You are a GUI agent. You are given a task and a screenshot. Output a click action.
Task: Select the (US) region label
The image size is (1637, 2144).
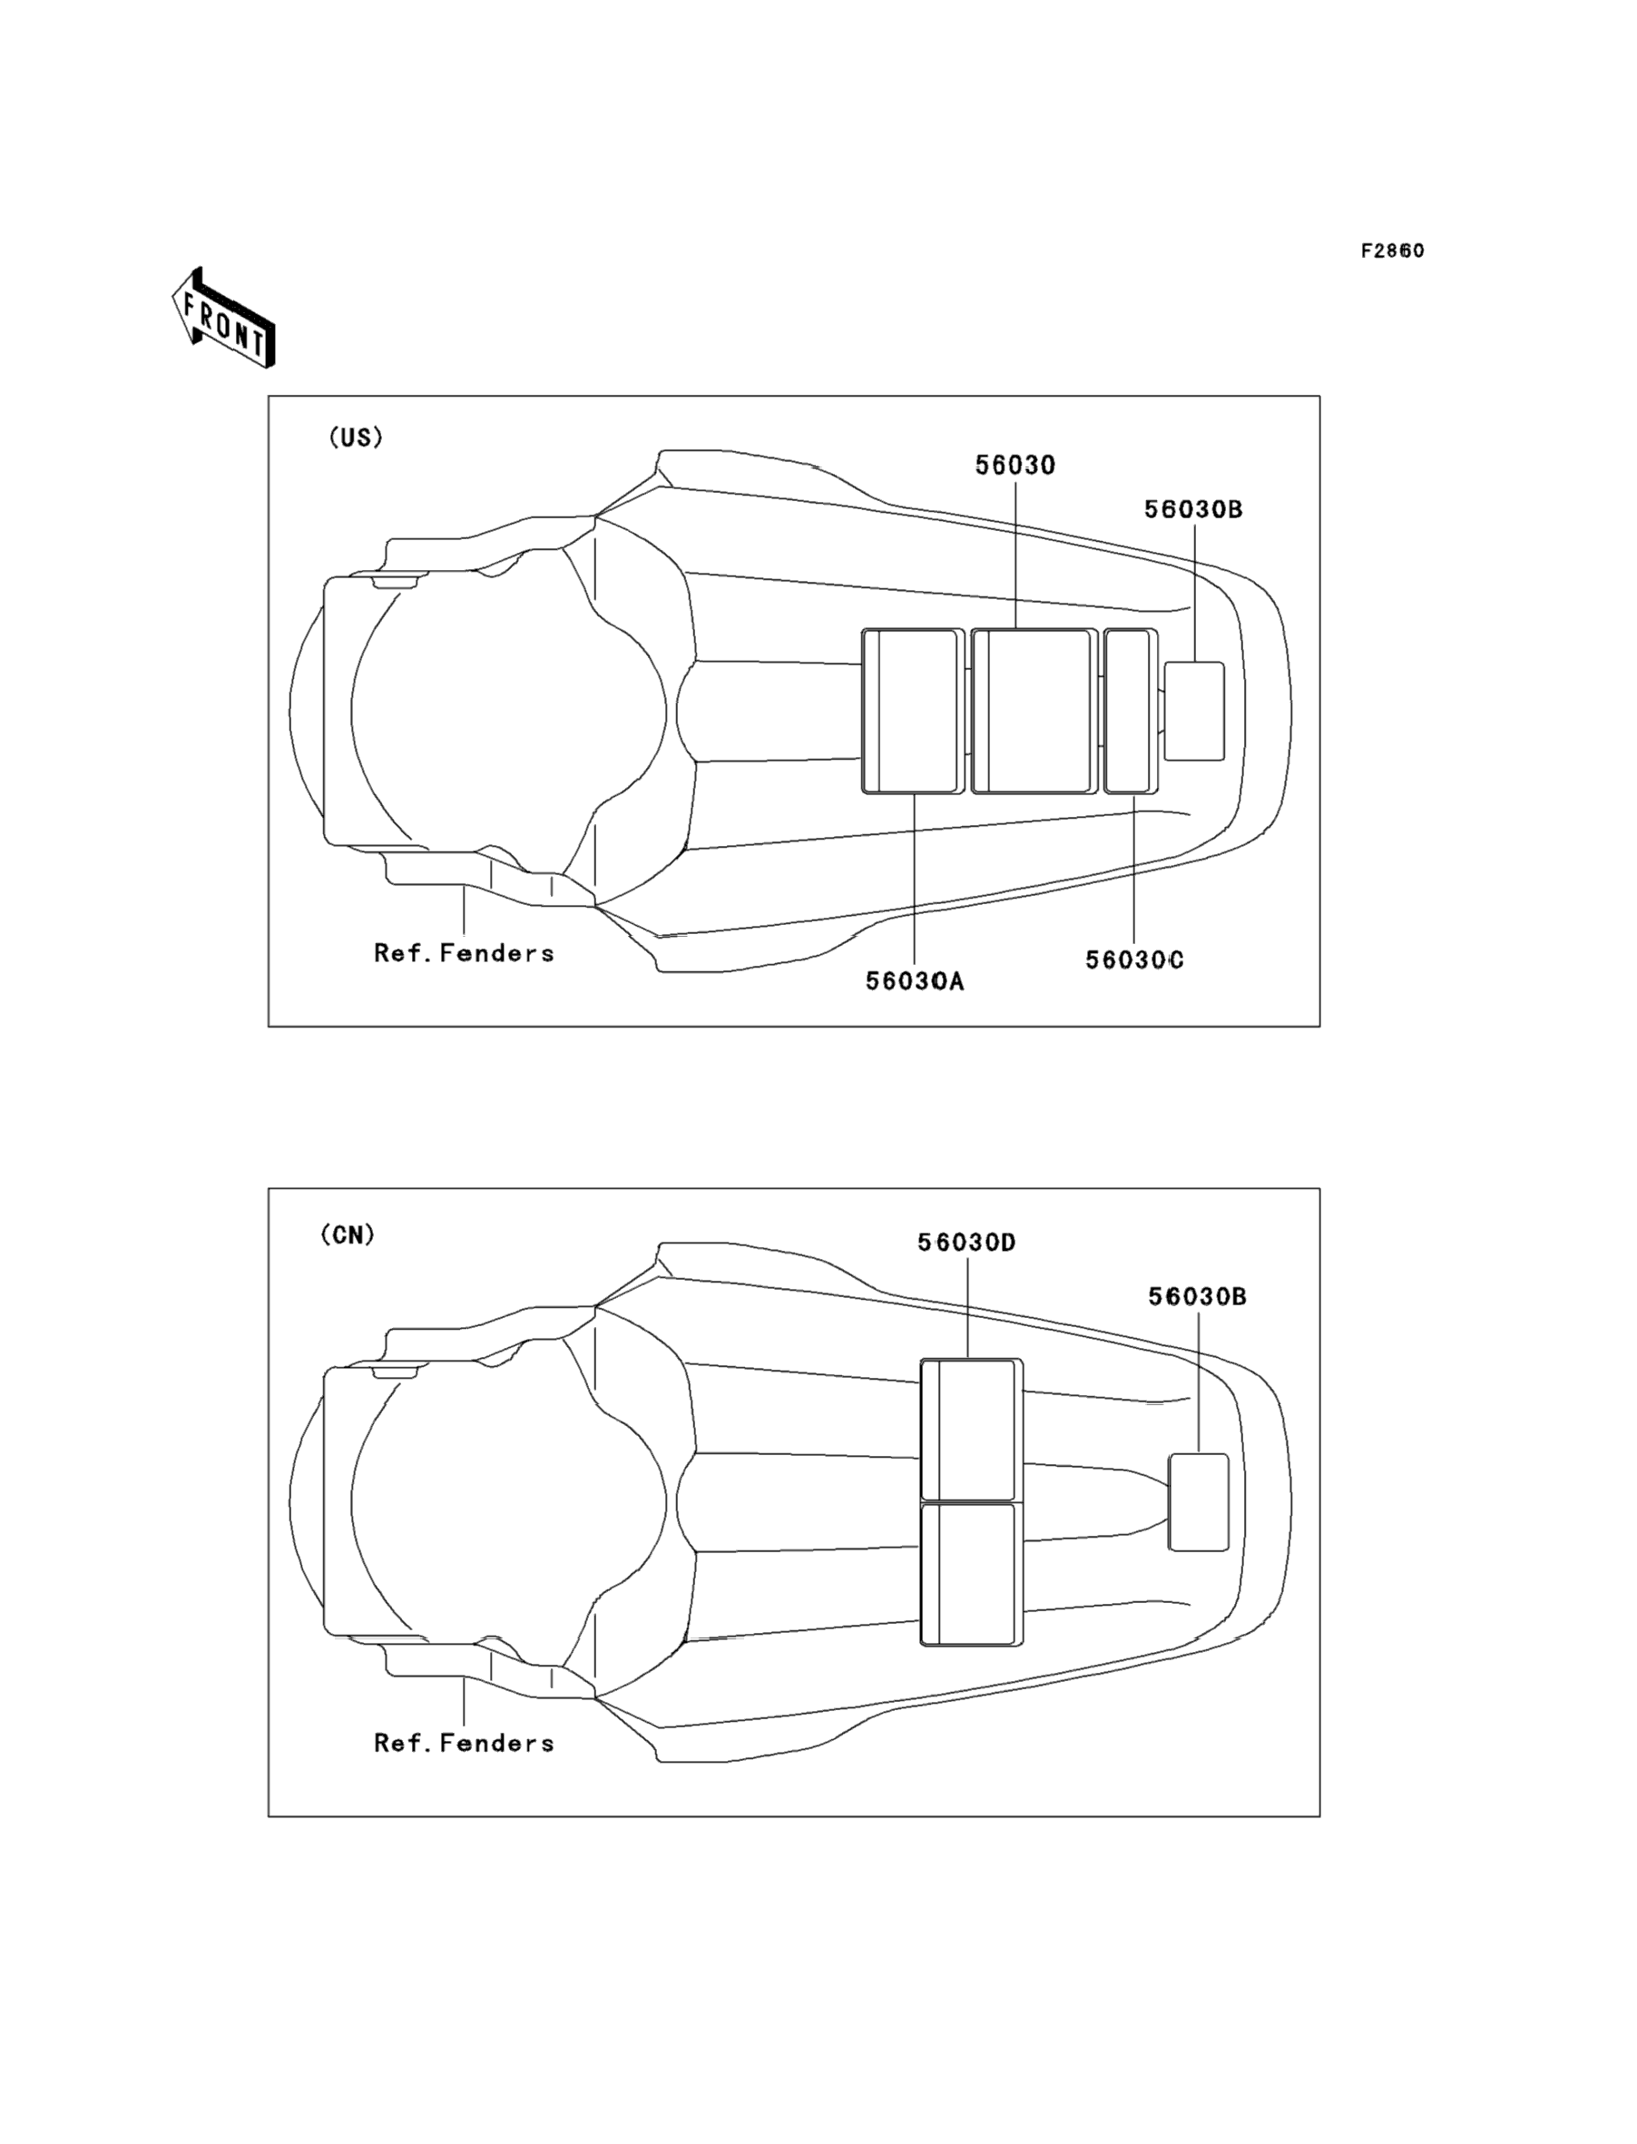click(356, 438)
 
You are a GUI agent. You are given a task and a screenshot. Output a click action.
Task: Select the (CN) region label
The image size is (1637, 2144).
click(348, 1234)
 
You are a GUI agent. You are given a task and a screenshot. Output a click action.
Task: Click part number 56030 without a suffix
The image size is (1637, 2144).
click(1015, 466)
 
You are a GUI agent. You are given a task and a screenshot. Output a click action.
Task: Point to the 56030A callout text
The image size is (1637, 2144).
click(915, 981)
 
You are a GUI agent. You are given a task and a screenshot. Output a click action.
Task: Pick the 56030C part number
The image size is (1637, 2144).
click(1134, 960)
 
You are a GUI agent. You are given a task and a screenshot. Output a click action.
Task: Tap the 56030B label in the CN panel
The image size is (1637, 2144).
click(1198, 1296)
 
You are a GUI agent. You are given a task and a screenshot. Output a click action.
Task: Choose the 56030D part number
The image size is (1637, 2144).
click(966, 1243)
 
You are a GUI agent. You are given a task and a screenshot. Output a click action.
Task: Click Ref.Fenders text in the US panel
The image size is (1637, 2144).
click(464, 953)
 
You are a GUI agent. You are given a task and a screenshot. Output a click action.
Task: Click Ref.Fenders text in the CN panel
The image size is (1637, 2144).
click(464, 1743)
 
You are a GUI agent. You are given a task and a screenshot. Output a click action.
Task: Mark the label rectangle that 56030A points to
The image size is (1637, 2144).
click(913, 712)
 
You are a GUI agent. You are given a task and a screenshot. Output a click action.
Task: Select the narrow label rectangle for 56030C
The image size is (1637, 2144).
click(1131, 712)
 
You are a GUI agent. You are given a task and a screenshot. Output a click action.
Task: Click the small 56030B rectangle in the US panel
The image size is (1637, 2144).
click(1194, 712)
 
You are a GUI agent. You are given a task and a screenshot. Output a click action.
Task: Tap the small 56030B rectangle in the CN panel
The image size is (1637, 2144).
click(1199, 1500)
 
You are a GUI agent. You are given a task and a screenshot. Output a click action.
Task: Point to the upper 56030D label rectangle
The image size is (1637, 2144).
click(972, 1430)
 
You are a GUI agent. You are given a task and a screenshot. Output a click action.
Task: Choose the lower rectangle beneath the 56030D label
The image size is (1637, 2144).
click(972, 1573)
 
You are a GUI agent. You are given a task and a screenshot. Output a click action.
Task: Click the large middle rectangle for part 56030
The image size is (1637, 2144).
click(1034, 712)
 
